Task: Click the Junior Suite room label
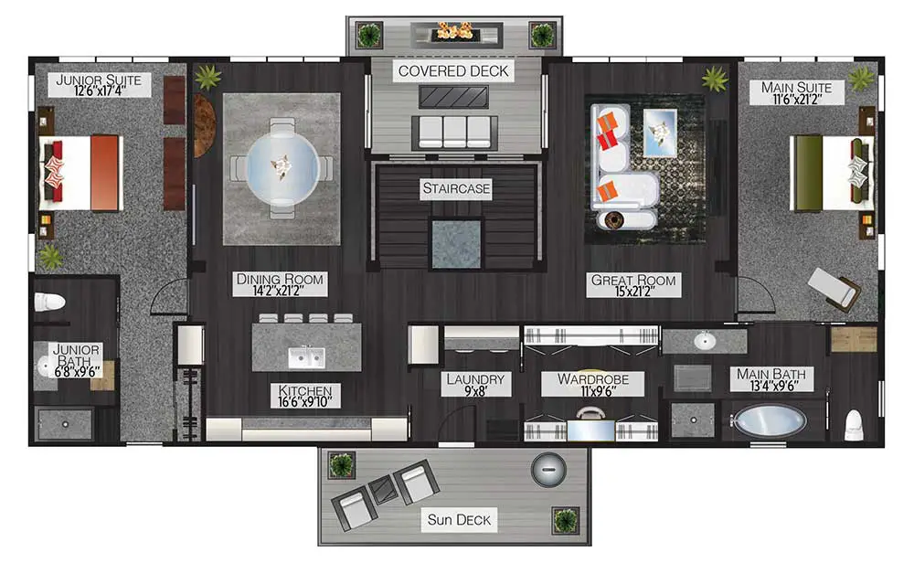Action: click(99, 80)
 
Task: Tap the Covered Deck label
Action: click(453, 71)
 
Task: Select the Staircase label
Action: click(456, 188)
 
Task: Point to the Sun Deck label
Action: click(459, 519)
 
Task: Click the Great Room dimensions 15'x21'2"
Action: click(633, 291)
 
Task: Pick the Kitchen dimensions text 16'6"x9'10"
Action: click(305, 401)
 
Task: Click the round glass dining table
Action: click(282, 168)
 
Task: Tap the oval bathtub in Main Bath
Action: click(770, 420)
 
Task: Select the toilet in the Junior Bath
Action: click(49, 302)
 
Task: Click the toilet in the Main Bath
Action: click(854, 425)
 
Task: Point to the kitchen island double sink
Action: click(306, 356)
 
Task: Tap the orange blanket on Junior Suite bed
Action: click(105, 173)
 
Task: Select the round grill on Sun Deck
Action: click(548, 469)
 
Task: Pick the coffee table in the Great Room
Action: click(660, 133)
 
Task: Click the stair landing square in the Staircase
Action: click(456, 244)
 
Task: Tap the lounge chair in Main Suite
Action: click(834, 289)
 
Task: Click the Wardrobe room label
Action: click(593, 378)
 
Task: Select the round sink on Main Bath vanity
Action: click(705, 340)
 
